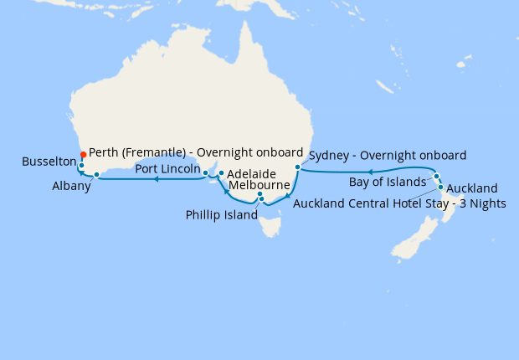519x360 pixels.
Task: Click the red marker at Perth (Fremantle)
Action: point(83,154)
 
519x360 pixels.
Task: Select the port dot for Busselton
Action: point(81,166)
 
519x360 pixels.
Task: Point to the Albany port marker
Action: point(97,175)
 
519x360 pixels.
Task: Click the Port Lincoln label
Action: point(167,168)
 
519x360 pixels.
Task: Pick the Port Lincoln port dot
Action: point(207,173)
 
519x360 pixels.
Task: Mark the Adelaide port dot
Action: point(221,173)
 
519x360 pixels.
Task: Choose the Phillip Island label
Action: point(221,214)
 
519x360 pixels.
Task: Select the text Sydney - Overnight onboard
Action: point(387,155)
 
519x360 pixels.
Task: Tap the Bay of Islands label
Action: point(388,183)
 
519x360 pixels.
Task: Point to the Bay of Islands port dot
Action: point(437,177)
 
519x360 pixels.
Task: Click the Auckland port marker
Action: point(441,187)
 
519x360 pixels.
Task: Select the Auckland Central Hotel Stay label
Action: point(399,203)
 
